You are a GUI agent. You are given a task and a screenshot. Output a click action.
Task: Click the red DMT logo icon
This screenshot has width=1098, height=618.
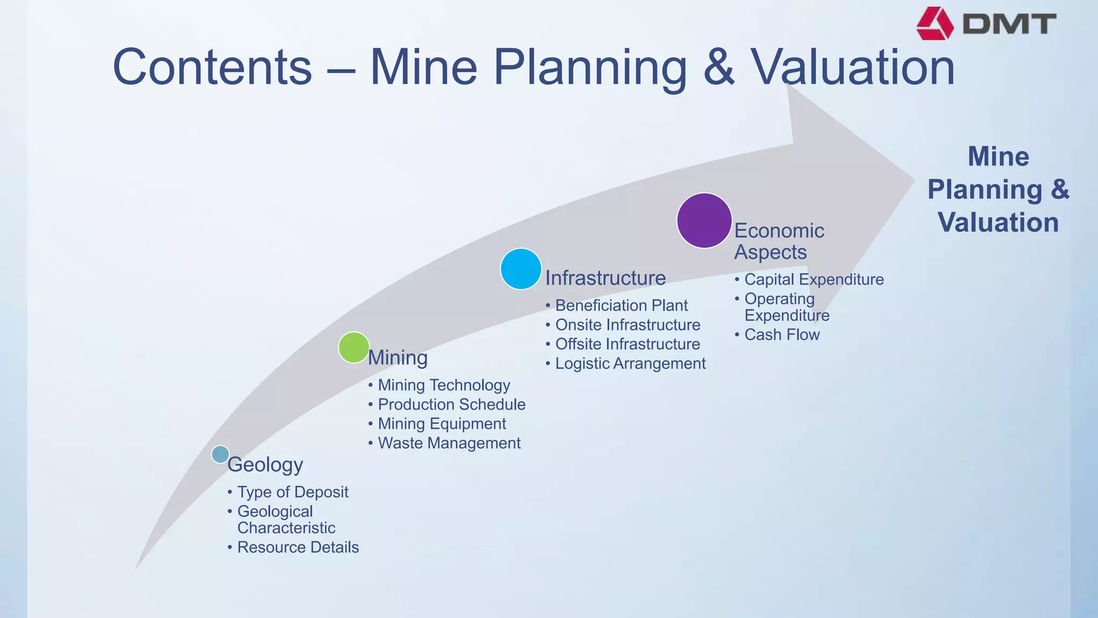935,24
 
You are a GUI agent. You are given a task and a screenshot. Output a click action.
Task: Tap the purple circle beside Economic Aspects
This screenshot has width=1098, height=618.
704,220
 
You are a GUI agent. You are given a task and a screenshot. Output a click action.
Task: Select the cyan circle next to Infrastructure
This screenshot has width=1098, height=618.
521,269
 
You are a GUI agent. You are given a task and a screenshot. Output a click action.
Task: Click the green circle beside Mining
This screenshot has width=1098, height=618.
354,348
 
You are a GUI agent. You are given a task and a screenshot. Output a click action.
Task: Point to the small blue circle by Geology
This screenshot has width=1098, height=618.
220,454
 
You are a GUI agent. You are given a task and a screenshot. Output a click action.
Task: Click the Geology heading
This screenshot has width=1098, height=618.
265,465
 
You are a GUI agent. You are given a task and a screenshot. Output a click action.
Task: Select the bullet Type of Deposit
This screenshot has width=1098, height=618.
293,492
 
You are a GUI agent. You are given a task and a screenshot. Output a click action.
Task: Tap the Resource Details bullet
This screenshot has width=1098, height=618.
298,547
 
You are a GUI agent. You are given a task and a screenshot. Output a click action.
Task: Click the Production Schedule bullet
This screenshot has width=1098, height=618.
451,404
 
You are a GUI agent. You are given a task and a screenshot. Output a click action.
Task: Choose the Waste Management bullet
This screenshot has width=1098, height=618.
449,443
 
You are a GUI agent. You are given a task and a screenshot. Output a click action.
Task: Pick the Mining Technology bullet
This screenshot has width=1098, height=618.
444,385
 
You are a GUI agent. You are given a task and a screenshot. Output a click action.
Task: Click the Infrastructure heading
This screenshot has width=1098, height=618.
605,278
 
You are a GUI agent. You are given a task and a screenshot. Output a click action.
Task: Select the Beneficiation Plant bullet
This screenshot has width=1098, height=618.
621,305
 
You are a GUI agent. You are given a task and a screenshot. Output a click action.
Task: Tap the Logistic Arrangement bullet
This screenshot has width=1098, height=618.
630,363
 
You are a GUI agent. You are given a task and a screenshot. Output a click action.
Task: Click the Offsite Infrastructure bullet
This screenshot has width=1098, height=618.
628,344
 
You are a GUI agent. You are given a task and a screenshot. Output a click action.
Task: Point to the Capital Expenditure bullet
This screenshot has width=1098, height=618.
814,279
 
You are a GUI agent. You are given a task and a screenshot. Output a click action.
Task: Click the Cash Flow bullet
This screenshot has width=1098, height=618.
782,335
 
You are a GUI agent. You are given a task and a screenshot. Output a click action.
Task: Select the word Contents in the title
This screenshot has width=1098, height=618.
212,67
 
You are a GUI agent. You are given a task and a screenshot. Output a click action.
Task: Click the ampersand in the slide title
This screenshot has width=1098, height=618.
719,67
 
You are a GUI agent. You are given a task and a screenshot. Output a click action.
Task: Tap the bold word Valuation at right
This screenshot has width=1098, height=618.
998,222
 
